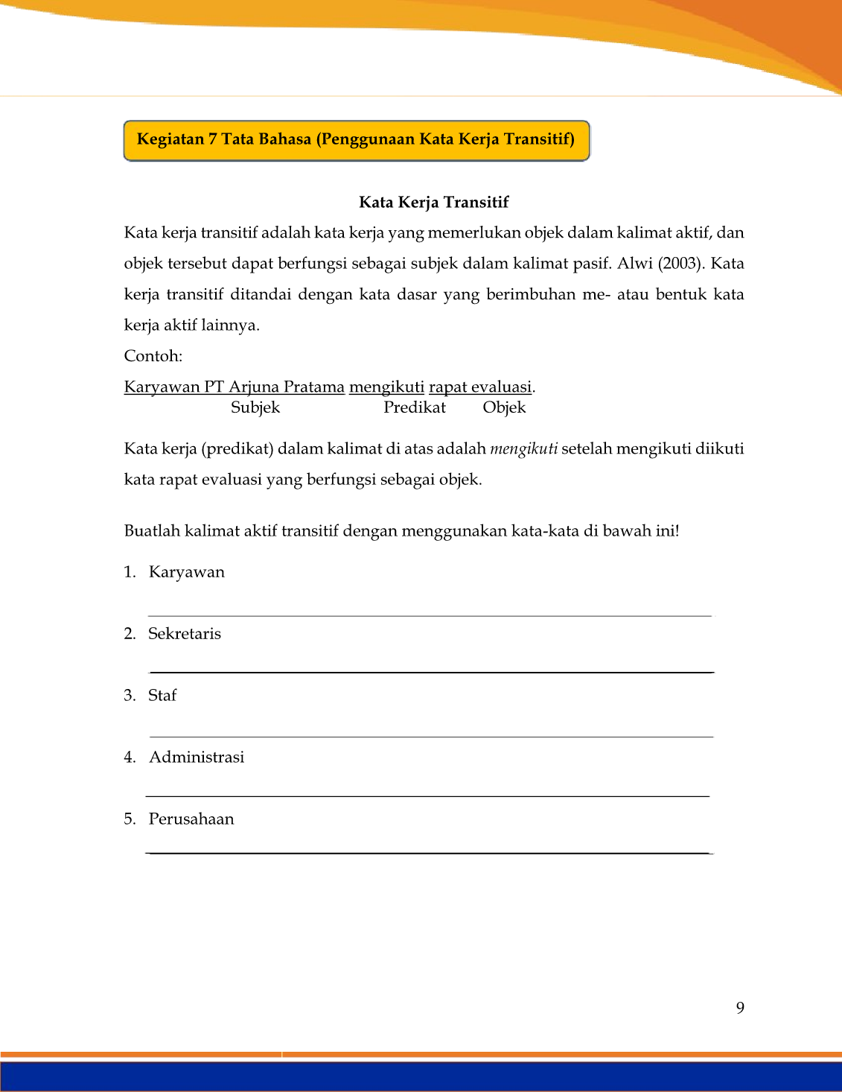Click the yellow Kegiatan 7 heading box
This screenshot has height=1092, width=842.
(356, 140)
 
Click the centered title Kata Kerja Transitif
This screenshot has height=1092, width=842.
(433, 203)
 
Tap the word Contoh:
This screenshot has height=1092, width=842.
(153, 356)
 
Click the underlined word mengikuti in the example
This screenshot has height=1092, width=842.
(386, 387)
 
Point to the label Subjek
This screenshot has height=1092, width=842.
(255, 407)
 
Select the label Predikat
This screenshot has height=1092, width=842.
(415, 407)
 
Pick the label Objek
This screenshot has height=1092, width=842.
(504, 407)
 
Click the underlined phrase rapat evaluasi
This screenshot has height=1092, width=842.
(480, 387)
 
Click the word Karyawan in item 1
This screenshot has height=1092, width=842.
(187, 572)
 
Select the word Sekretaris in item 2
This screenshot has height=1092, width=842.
(185, 634)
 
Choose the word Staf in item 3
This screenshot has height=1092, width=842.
(162, 696)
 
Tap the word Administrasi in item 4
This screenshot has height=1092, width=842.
(197, 758)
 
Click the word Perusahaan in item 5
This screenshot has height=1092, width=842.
(191, 819)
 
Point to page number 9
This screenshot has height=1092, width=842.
(740, 1008)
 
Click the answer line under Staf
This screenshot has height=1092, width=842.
(432, 737)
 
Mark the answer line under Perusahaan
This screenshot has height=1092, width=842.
(429, 853)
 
